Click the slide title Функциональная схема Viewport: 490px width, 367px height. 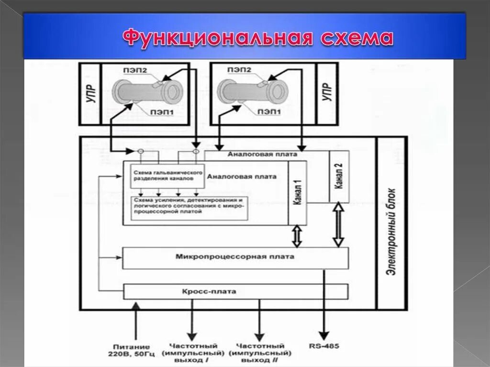click(x=258, y=38)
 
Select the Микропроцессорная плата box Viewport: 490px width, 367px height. click(x=235, y=258)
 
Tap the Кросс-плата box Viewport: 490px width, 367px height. click(x=235, y=291)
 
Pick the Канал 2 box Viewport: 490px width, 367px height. click(x=339, y=177)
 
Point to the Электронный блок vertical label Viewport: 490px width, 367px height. click(x=391, y=222)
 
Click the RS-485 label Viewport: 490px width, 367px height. click(x=324, y=345)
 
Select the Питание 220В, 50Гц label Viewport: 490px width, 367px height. click(x=132, y=350)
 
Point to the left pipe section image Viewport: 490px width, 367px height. click(x=146, y=92)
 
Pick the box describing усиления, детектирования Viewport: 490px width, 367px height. click(x=189, y=208)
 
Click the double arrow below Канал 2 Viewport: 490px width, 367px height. click(x=338, y=224)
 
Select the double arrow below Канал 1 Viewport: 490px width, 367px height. click(x=297, y=236)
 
